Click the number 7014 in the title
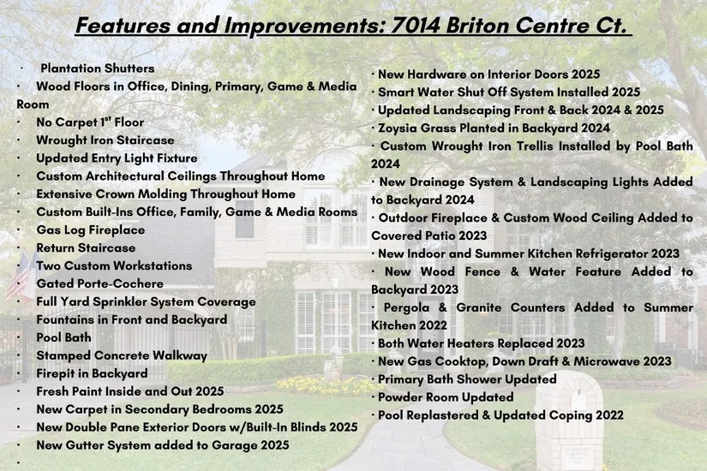point(415,25)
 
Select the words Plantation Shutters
point(98,69)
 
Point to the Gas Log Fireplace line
point(91,230)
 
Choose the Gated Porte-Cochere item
point(100,284)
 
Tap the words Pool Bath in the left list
point(63,337)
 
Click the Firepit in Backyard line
point(92,373)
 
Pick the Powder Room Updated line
point(446,397)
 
